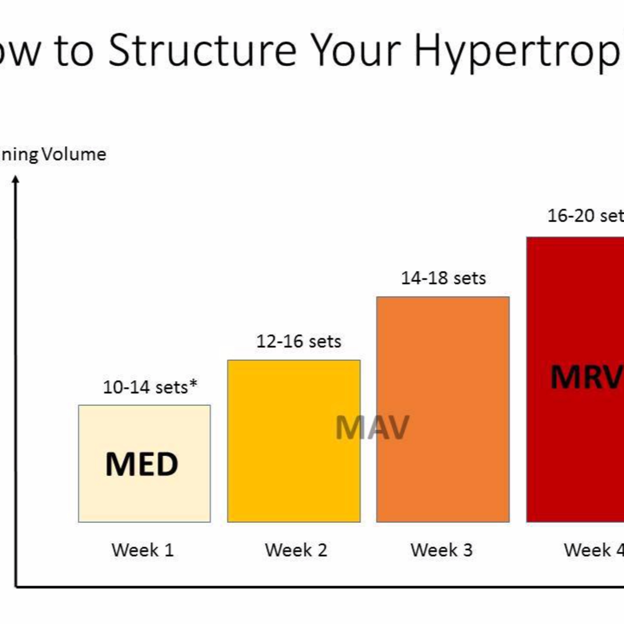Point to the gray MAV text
[x=372, y=428]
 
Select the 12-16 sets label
[x=298, y=341]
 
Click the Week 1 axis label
[x=142, y=550]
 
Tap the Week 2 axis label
[x=296, y=550]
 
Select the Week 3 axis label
[x=442, y=550]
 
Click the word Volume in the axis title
[x=74, y=154]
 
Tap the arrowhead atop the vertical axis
[x=15, y=179]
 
